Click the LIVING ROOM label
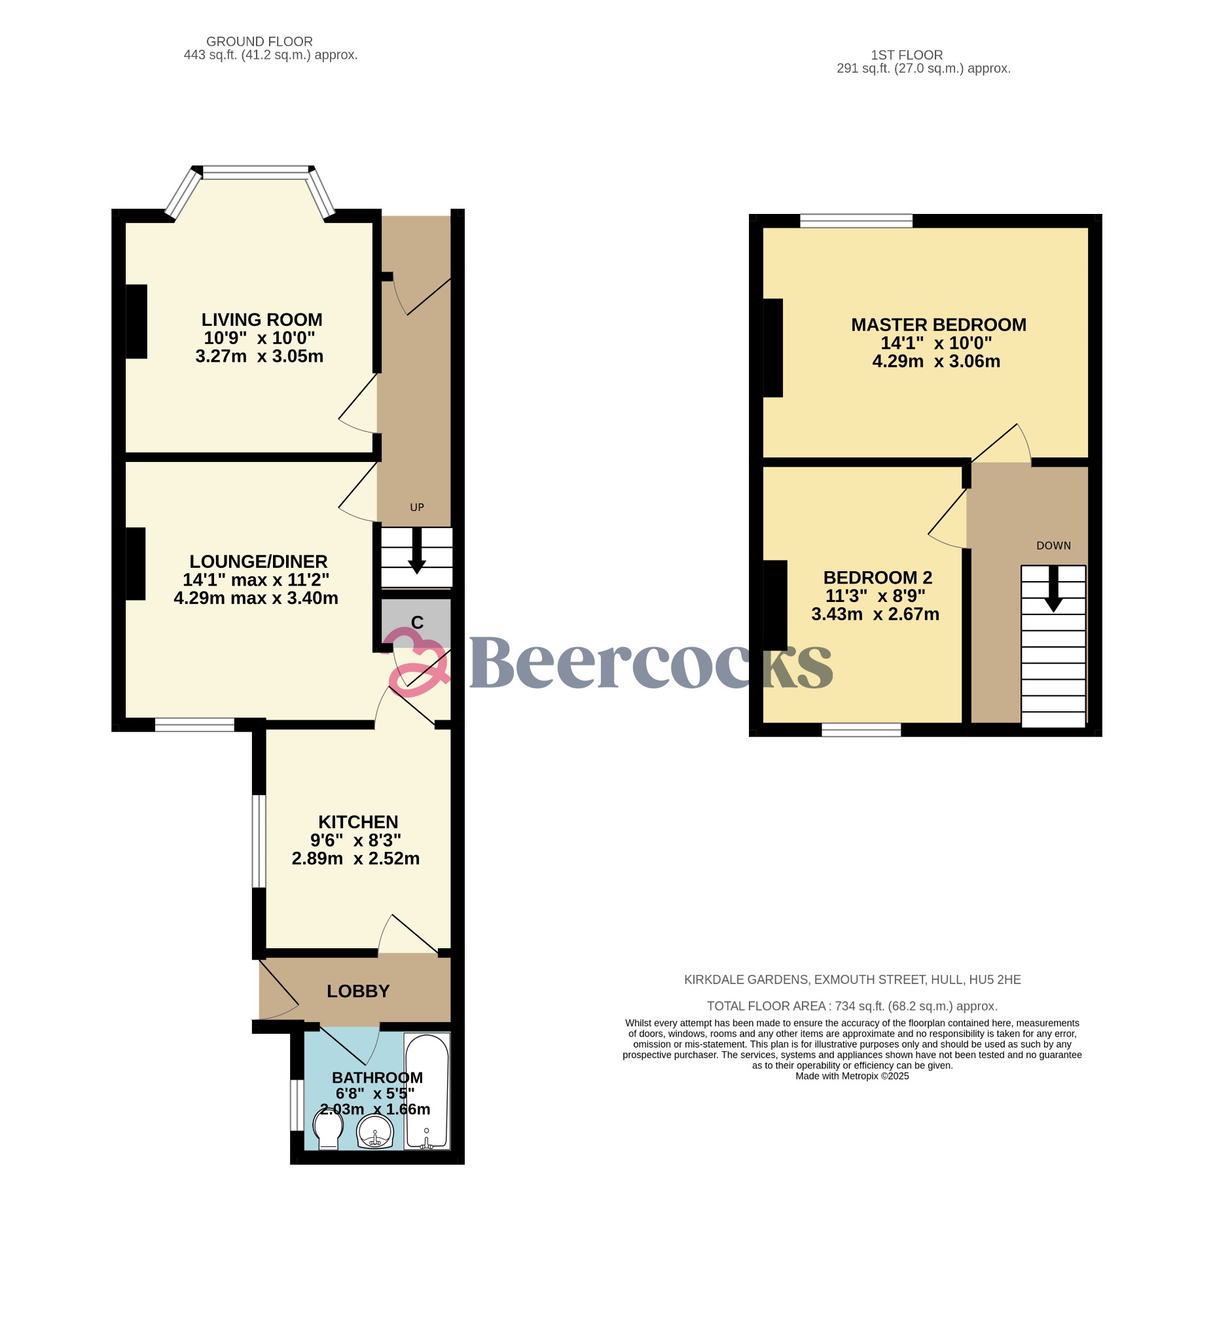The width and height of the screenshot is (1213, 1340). coord(261,320)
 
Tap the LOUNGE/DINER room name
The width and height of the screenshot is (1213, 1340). coord(258,561)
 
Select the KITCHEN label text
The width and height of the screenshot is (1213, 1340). coord(358,822)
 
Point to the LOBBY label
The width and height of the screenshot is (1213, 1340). coord(358,991)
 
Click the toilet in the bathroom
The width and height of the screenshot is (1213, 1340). coord(329,1129)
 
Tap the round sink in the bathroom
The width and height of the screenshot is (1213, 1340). coord(375,1131)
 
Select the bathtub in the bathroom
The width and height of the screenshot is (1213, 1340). coord(427,1091)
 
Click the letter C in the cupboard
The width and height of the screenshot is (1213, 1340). coord(417,623)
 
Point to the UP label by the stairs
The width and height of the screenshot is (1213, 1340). coord(417,507)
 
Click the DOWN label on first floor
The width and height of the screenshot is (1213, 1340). coord(1053,546)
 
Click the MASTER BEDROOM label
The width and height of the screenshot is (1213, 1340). coord(938,325)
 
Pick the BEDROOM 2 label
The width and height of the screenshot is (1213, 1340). coord(877,578)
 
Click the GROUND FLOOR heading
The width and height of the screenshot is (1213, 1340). coord(259,41)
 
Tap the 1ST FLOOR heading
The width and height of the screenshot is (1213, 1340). coord(907,55)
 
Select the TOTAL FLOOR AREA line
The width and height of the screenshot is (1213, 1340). coord(852,1006)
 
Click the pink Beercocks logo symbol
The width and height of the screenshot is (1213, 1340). coord(418,662)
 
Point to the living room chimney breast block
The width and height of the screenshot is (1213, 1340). coord(136,322)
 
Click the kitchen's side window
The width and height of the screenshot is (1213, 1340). coord(259,841)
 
